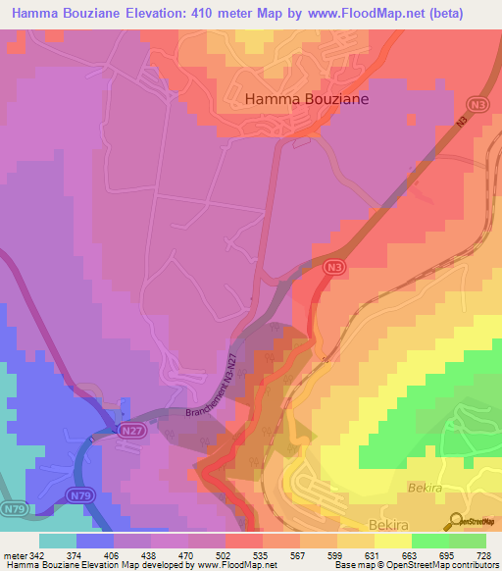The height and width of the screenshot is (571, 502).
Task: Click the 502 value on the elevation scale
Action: [207, 554]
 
